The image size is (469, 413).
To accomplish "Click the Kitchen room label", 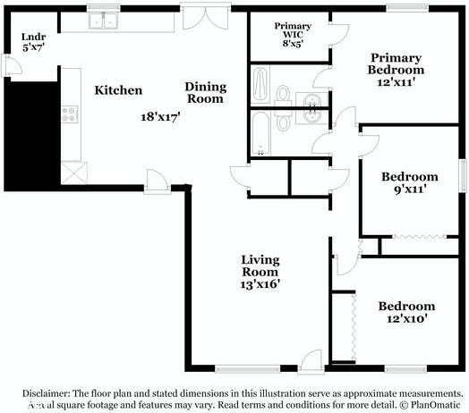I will (x=118, y=90).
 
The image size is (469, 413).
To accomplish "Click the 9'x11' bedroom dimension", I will (x=409, y=190).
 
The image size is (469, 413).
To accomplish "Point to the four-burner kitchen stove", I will (x=70, y=114).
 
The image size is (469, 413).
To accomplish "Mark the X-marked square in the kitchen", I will (x=72, y=171).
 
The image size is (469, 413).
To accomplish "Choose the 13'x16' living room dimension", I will (x=260, y=284).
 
